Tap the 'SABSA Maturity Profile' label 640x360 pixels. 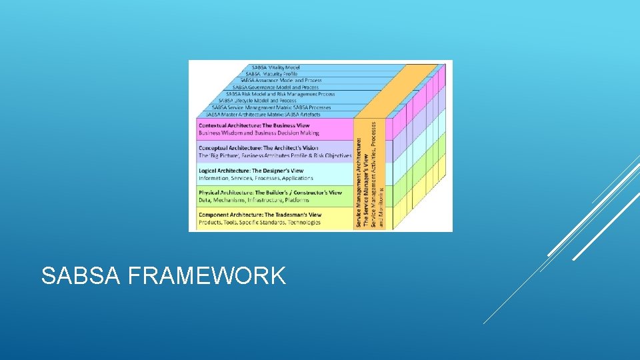pos(272,73)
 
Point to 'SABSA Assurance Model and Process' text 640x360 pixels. pos(281,80)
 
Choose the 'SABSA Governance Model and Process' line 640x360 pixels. pos(275,87)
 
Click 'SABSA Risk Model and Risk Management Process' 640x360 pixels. pos(280,94)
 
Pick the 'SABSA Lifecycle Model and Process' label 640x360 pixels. pos(257,101)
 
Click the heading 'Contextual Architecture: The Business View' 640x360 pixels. pos(254,125)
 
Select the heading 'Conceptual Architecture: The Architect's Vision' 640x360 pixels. pos(259,148)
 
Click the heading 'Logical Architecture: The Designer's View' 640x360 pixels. pos(251,171)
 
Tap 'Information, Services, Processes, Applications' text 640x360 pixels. pos(255,178)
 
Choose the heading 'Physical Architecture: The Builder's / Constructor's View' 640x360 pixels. pos(270,193)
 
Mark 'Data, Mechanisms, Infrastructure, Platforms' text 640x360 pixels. pos(253,200)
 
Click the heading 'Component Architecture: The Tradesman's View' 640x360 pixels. pos(260,215)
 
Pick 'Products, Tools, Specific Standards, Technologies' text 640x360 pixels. pos(259,222)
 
